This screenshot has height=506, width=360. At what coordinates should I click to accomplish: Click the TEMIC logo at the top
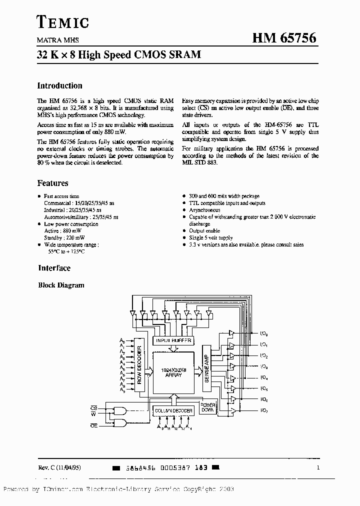pyautogui.click(x=63, y=22)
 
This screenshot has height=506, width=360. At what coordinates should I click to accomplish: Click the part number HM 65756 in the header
pyautogui.click(x=287, y=38)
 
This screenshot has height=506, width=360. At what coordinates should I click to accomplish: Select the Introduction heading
pyautogui.click(x=60, y=85)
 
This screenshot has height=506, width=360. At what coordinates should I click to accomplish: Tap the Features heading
pyautogui.click(x=52, y=183)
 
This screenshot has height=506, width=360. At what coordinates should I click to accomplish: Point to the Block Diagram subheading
pyautogui.click(x=61, y=285)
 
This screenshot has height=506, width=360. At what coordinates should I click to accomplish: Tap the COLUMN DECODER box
pyautogui.click(x=172, y=410)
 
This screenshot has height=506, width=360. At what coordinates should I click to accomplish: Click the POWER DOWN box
pyautogui.click(x=208, y=407)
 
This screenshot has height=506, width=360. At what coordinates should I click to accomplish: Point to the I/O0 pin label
pyautogui.click(x=264, y=333)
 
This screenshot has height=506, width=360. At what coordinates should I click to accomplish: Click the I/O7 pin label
pyautogui.click(x=264, y=410)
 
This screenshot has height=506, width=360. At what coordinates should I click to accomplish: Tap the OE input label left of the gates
pyautogui.click(x=93, y=425)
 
